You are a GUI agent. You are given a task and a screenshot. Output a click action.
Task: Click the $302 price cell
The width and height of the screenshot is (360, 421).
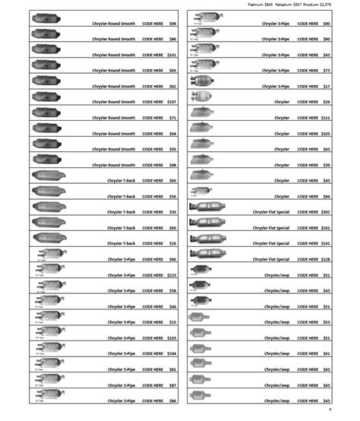pyautogui.click(x=325, y=212)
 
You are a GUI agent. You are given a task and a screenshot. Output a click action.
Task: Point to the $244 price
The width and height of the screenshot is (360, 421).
pyautogui.click(x=171, y=353)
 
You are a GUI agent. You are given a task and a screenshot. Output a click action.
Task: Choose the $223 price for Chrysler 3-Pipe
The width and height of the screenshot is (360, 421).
pyautogui.click(x=171, y=275)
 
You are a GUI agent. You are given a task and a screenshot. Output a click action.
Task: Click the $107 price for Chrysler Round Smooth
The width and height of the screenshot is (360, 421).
pyautogui.click(x=171, y=102)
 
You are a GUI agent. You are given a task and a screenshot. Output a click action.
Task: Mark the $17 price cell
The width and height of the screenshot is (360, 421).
pyautogui.click(x=326, y=86)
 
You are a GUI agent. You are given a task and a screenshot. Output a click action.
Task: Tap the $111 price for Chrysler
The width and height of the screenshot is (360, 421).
pyautogui.click(x=325, y=118)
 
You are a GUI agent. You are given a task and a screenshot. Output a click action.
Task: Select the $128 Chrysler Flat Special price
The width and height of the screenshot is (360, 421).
pyautogui.click(x=325, y=259)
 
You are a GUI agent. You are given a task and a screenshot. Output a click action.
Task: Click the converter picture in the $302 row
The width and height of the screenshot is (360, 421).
pyautogui.click(x=207, y=207)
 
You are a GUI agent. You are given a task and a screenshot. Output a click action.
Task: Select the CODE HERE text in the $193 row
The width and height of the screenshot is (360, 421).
pyautogui.click(x=153, y=337)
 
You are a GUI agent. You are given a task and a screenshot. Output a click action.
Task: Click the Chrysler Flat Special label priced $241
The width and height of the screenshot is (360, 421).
pyautogui.click(x=271, y=228)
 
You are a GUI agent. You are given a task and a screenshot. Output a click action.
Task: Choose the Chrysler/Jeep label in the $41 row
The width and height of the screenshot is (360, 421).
pyautogui.click(x=276, y=353)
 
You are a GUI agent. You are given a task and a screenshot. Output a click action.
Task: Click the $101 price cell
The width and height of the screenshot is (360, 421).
pyautogui.click(x=171, y=55)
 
